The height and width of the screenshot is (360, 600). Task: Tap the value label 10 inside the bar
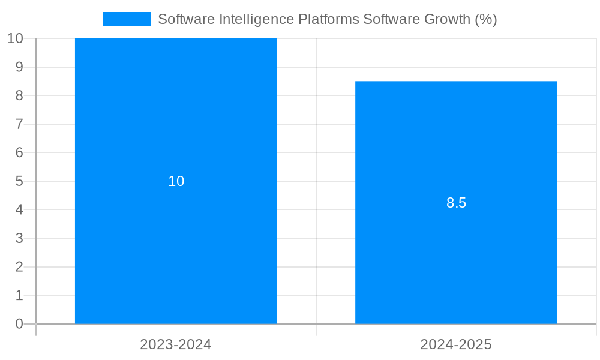click(x=176, y=181)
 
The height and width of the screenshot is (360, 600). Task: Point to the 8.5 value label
click(x=456, y=203)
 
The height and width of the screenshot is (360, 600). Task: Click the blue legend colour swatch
click(x=126, y=19)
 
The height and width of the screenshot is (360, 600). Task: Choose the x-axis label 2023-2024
click(x=176, y=344)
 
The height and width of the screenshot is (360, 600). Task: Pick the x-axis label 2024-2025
click(x=456, y=344)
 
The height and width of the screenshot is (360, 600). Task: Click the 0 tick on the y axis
click(x=19, y=324)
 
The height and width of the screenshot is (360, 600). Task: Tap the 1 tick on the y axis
click(x=19, y=295)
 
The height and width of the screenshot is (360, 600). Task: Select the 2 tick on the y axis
click(x=19, y=267)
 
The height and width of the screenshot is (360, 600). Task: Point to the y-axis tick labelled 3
click(x=19, y=238)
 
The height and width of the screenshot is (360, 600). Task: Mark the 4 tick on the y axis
click(x=19, y=210)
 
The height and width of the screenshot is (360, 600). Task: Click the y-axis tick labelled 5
click(x=19, y=181)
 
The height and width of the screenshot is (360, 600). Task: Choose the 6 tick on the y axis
click(x=19, y=152)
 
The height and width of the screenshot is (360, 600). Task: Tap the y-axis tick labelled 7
click(x=19, y=124)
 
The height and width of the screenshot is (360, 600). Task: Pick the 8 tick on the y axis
click(x=19, y=95)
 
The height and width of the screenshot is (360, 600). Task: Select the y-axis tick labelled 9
click(x=19, y=67)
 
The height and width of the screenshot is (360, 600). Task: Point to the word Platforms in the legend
click(x=329, y=19)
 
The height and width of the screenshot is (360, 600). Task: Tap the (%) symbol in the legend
click(x=485, y=19)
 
